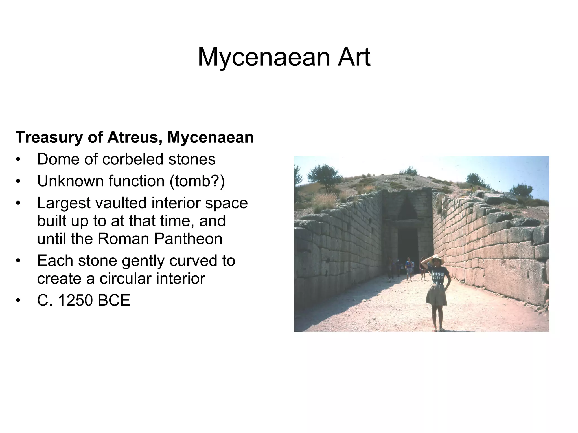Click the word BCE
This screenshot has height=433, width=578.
[x=114, y=300]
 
